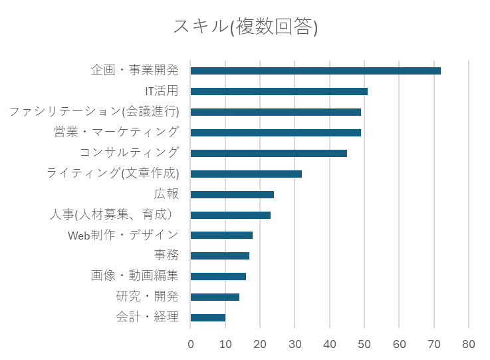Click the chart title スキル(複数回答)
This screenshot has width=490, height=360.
(x=245, y=27)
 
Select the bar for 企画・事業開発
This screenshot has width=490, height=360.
(x=315, y=71)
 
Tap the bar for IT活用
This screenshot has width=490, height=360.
(x=279, y=91)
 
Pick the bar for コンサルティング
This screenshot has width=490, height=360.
(x=269, y=153)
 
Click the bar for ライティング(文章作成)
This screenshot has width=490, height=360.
(x=246, y=174)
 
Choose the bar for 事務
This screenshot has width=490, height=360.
(x=219, y=256)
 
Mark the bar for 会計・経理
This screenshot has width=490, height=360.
(x=207, y=317)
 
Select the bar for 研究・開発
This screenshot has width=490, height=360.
(x=215, y=297)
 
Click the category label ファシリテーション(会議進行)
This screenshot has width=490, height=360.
(x=94, y=112)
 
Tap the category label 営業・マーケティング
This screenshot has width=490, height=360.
(x=116, y=132)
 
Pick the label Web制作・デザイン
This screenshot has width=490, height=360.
(x=123, y=235)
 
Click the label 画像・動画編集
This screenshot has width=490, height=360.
(x=134, y=276)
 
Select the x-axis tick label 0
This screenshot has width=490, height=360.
(x=191, y=344)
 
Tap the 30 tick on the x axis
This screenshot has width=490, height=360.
(x=295, y=344)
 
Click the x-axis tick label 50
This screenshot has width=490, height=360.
(x=364, y=344)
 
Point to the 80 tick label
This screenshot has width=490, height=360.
(x=469, y=344)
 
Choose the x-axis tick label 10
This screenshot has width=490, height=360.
(x=225, y=344)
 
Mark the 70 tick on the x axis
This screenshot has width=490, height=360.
(x=434, y=344)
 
